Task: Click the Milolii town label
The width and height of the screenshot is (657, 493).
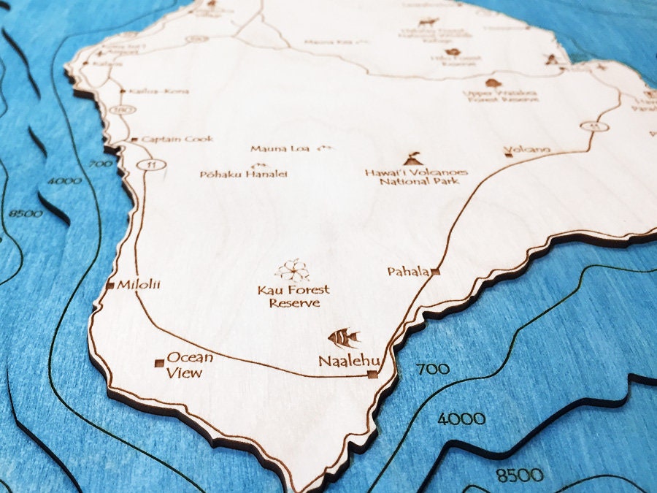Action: tap(137, 284)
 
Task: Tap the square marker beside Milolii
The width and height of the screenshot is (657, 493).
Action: tap(110, 285)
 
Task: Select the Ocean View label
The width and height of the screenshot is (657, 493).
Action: tap(189, 364)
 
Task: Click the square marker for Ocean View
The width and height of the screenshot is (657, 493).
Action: tap(158, 362)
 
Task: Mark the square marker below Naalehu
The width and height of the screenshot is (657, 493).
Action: tap(372, 375)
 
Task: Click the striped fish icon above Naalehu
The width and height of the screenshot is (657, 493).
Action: tap(344, 337)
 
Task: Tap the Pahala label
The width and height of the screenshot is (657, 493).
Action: tap(408, 272)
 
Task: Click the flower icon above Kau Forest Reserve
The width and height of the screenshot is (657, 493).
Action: tap(293, 270)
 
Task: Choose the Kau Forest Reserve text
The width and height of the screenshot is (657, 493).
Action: tap(293, 296)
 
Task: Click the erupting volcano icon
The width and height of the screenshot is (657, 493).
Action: tap(413, 158)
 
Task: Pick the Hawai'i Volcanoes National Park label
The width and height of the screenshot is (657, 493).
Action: tap(417, 176)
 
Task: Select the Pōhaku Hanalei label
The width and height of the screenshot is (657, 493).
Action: tap(244, 174)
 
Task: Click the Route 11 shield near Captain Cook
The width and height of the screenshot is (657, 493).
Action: tap(151, 164)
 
